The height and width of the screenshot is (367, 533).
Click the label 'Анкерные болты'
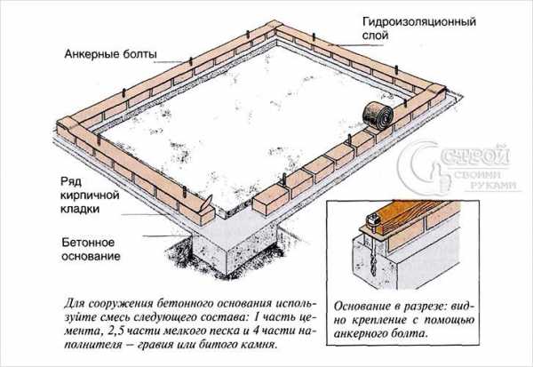click(x=111, y=54)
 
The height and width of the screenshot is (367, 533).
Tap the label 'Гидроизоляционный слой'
click(x=419, y=29)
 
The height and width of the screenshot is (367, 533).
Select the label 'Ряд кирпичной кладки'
click(x=90, y=195)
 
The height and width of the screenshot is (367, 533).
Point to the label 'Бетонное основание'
click(x=91, y=249)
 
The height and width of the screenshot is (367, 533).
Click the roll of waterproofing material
click(x=377, y=116)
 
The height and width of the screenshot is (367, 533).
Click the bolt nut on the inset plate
click(x=371, y=219)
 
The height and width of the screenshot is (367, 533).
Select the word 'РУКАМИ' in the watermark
click(x=493, y=186)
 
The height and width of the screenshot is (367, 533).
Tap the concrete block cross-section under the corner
click(x=235, y=251)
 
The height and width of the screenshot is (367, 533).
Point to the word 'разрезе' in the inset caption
click(x=426, y=307)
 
